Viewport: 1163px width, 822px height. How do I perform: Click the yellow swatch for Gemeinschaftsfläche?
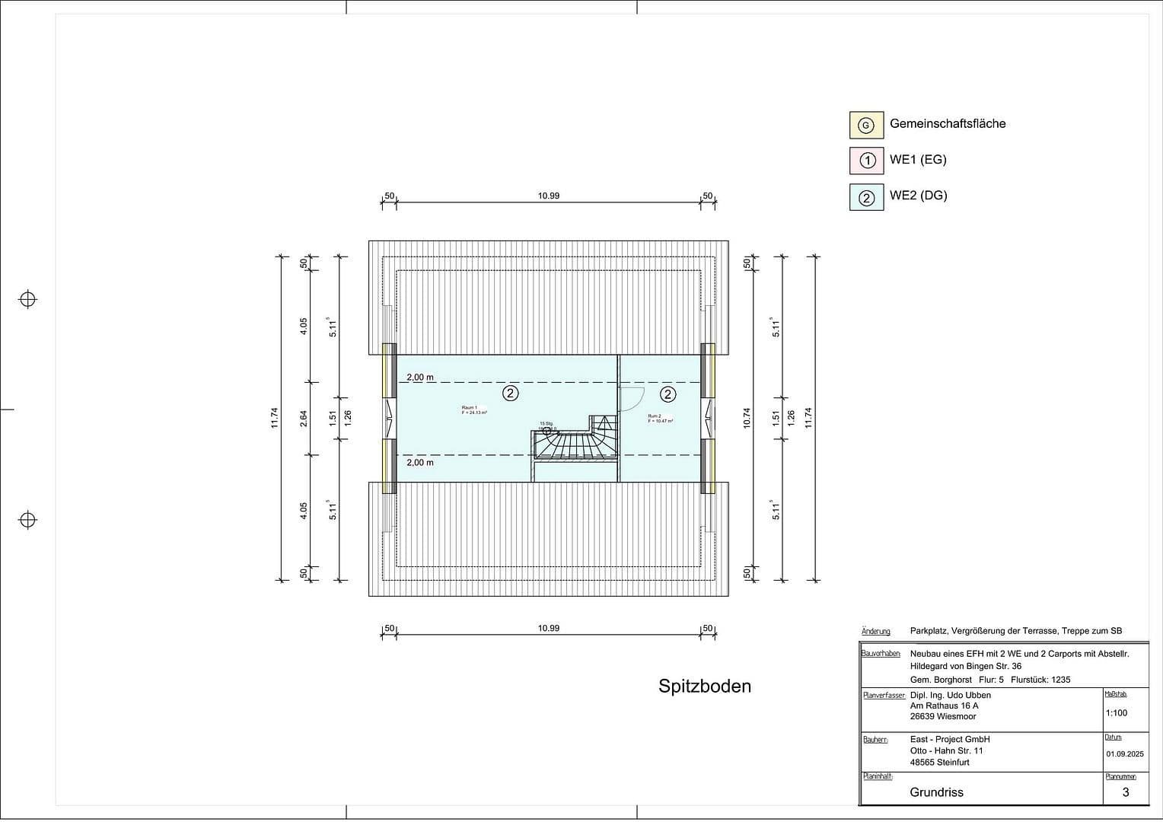coord(866,126)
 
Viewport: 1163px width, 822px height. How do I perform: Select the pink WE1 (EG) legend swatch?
coord(866,161)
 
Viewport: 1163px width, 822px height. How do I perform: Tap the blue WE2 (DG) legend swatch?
coord(866,197)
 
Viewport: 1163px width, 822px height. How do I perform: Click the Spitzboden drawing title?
coord(704,687)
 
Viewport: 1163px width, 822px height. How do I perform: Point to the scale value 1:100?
coord(1116,713)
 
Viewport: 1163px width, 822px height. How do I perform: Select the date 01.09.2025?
coord(1124,754)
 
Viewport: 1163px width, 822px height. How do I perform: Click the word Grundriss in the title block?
coord(936,792)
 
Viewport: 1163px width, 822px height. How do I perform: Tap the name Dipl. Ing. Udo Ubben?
coord(950,695)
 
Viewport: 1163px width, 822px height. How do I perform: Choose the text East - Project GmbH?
coord(949,739)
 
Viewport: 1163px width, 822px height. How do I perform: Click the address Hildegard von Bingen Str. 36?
coord(965,666)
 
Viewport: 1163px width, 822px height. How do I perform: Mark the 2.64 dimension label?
coord(303,418)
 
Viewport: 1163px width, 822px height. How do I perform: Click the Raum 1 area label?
coord(473,410)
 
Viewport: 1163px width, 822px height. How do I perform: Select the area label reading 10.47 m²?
coord(660,420)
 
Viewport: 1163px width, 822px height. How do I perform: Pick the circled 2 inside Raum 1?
coord(510,393)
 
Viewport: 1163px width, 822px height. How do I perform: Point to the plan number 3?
coord(1125,792)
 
